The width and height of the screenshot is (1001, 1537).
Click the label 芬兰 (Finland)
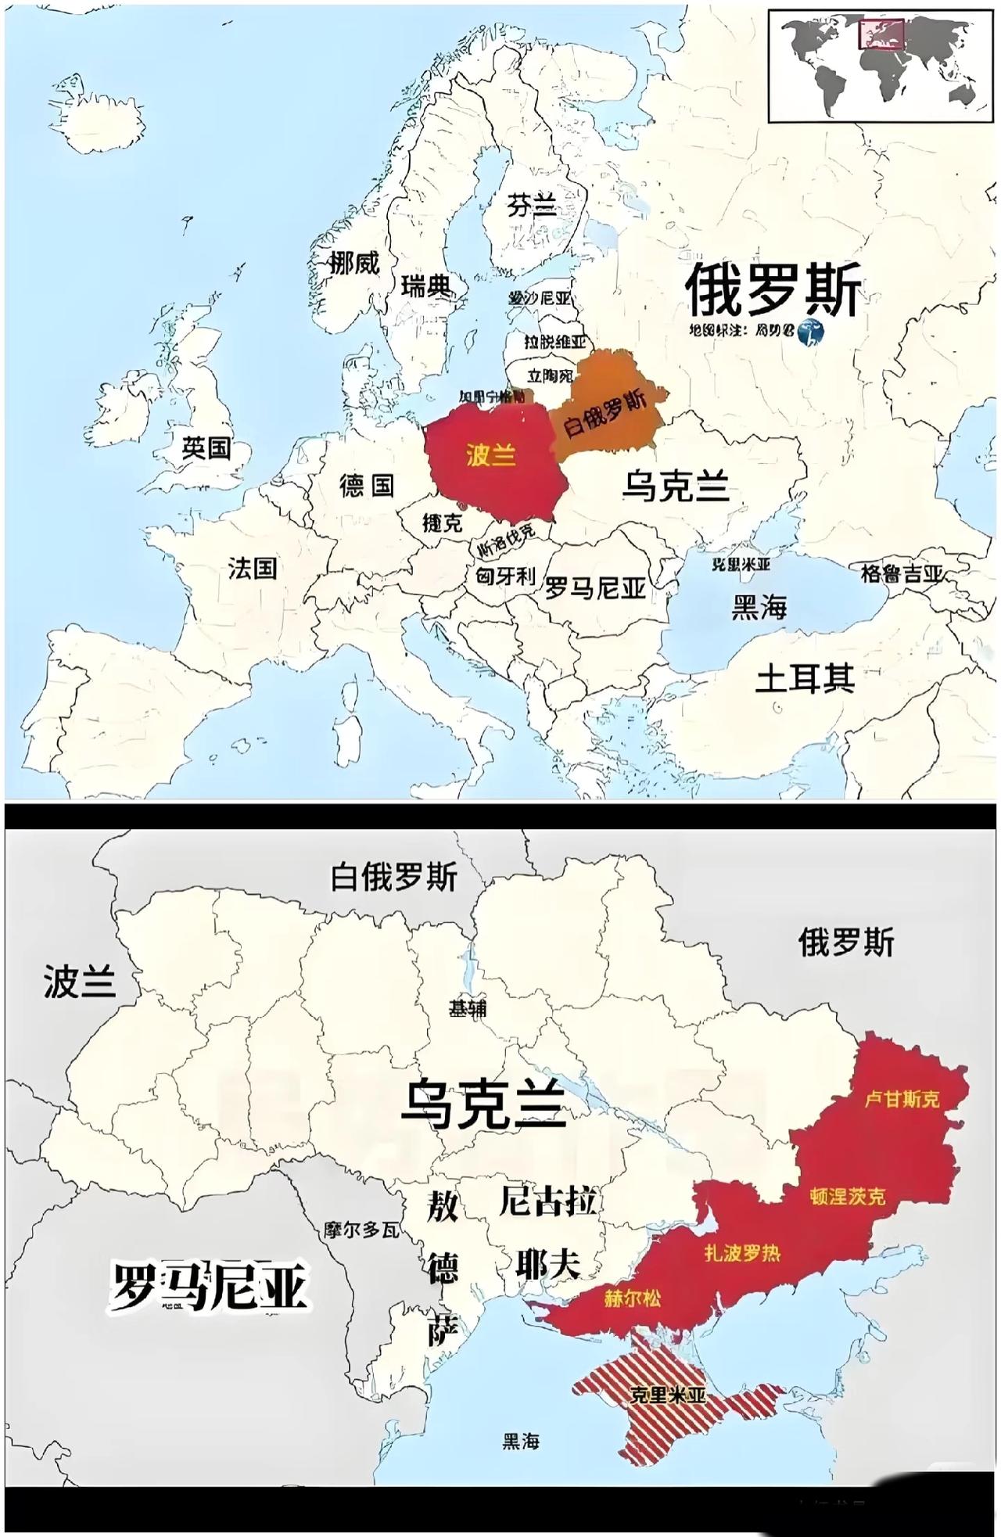[532, 206]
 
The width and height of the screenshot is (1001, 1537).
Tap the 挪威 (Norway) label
[354, 263]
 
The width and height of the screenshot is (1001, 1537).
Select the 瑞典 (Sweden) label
[427, 286]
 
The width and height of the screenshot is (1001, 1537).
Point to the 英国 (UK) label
[206, 448]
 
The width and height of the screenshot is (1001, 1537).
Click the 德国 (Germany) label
[366, 486]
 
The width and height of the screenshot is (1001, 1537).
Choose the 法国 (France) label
[253, 568]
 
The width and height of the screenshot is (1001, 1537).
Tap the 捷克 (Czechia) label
[443, 523]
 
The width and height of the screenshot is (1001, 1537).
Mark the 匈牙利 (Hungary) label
[506, 576]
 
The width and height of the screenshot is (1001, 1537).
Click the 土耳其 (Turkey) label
[805, 679]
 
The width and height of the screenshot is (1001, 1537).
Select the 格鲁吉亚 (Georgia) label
[902, 574]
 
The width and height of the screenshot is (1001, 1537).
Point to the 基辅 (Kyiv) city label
[468, 1009]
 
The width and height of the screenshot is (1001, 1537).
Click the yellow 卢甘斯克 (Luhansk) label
[902, 1099]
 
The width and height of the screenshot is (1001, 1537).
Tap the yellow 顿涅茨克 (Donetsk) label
[848, 1196]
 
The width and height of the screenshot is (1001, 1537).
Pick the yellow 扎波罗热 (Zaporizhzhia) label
[742, 1253]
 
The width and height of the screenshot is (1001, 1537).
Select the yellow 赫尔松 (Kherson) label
[632, 1298]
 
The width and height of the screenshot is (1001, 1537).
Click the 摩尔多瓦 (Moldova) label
[362, 1230]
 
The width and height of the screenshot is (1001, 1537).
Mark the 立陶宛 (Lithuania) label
[550, 376]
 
